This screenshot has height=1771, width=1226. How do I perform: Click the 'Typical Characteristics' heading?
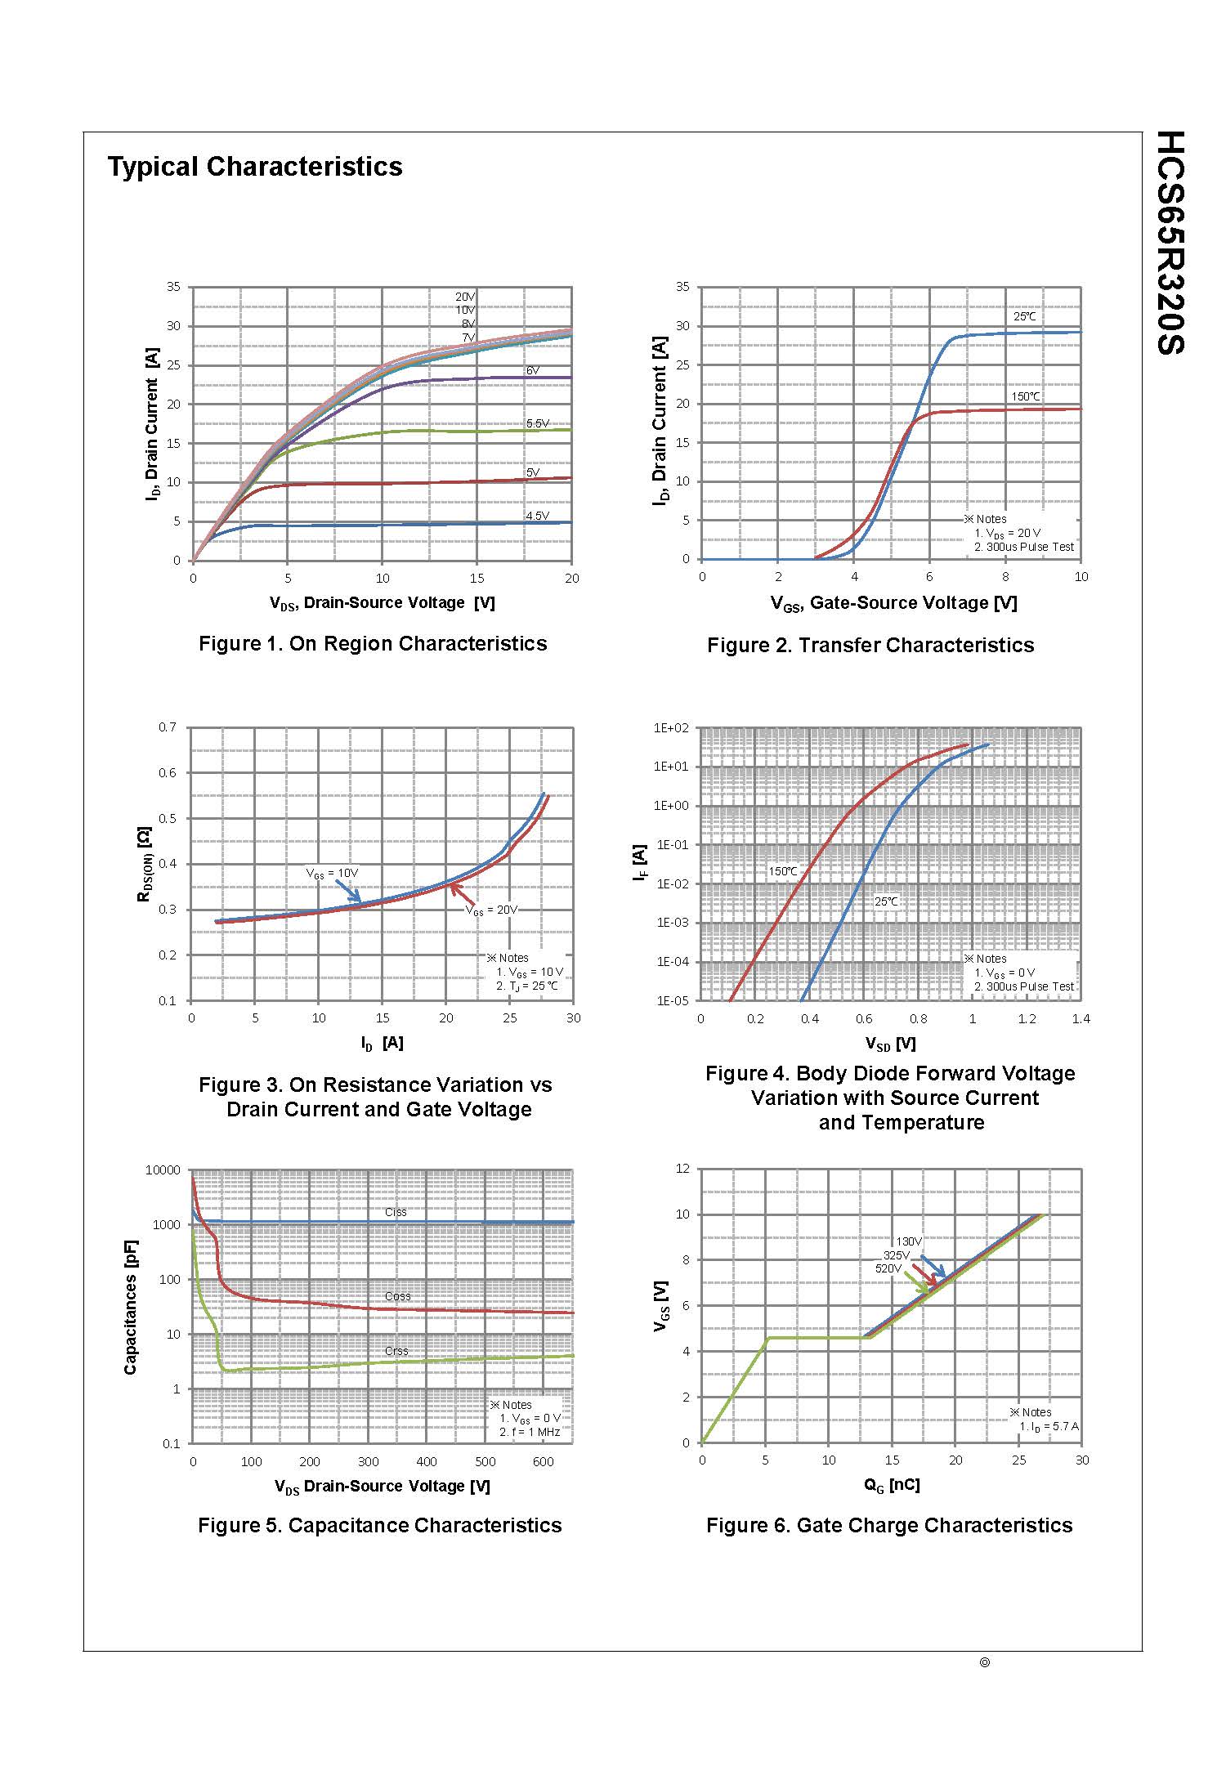(255, 167)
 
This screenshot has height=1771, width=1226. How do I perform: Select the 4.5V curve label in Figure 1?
(537, 516)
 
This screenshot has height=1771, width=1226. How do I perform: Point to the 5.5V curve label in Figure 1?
(537, 423)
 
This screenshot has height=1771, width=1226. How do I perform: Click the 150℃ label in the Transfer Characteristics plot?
(1026, 397)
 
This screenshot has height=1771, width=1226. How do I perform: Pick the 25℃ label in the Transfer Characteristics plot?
(1024, 316)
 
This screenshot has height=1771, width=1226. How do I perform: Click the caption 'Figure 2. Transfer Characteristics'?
(870, 645)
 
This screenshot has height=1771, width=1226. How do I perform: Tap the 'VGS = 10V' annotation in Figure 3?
(332, 873)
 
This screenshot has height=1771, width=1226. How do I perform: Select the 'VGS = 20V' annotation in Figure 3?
(491, 910)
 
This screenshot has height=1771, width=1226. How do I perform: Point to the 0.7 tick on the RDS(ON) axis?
(167, 727)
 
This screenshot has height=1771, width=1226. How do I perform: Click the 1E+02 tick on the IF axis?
(673, 727)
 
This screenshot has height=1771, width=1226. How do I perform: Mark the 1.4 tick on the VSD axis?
(1081, 1019)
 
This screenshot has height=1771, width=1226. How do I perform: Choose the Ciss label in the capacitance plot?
(396, 1212)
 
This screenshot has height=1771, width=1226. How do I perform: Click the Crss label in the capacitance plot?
(396, 1351)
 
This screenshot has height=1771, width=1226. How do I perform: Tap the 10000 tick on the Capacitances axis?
(163, 1169)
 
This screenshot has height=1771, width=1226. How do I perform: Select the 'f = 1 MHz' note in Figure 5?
(530, 1432)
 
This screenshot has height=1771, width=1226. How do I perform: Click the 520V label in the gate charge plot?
(888, 1268)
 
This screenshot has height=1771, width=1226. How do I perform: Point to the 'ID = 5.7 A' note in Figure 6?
(1049, 1426)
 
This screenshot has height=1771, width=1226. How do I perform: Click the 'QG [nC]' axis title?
(892, 1485)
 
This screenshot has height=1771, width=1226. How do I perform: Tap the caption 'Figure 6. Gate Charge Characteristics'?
(889, 1526)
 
